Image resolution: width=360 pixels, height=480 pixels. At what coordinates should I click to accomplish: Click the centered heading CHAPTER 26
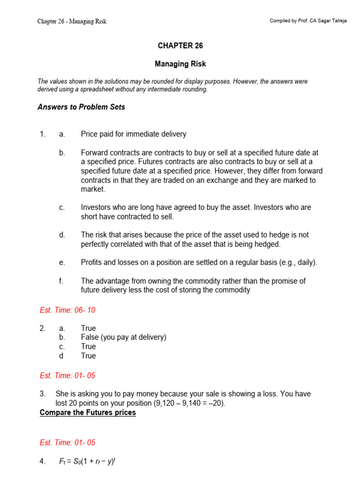tap(180, 45)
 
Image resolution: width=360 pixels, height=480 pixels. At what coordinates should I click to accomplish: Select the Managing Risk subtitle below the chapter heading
tap(180, 64)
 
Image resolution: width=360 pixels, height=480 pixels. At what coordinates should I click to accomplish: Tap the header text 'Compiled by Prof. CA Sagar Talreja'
tap(308, 22)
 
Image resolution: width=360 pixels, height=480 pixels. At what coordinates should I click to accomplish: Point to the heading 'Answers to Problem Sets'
tap(81, 107)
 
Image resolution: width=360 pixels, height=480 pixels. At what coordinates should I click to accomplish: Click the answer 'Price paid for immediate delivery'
tap(133, 134)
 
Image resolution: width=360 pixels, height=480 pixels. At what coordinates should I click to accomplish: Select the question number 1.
tap(42, 134)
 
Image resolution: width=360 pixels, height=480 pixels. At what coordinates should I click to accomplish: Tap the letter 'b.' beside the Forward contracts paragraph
tap(62, 153)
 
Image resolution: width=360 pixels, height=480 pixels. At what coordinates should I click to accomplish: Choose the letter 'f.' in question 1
tap(61, 281)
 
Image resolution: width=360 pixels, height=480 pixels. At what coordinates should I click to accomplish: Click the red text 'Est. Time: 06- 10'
tap(67, 310)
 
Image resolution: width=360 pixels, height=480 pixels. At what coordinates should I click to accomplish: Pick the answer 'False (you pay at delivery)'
tap(123, 337)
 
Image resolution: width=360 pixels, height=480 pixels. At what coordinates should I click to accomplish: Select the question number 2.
tap(42, 329)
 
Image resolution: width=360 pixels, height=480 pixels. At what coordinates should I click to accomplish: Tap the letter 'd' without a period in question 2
tap(61, 356)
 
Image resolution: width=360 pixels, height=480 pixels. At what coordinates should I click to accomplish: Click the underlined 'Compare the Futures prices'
tap(88, 412)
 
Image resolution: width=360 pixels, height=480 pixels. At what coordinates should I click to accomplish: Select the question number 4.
tap(42, 462)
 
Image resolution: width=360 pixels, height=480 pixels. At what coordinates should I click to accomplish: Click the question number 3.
tap(42, 394)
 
